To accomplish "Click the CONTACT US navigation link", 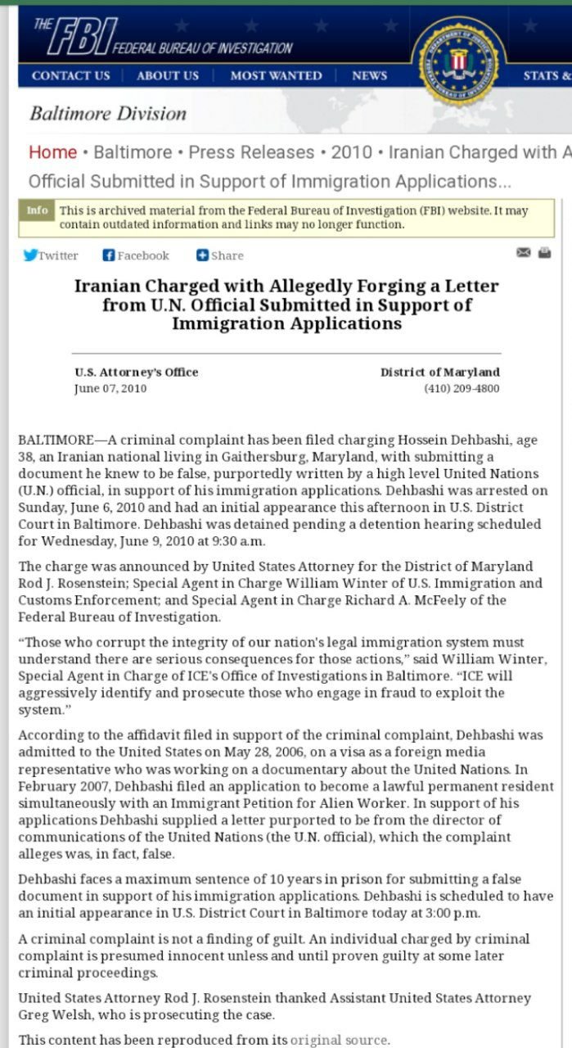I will coord(70,75).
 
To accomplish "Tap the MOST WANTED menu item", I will coord(276,75).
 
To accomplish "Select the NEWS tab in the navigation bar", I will coord(369,75).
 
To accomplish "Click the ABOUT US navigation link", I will coord(168,75).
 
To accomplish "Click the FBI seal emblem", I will coord(458,61).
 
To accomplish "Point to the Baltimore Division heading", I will coord(108,114).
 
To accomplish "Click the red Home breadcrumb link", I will coord(52,152).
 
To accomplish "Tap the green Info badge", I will coord(37,210).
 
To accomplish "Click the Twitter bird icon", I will coord(30,255).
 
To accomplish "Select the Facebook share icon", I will coord(108,255).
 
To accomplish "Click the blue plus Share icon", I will coord(202,255).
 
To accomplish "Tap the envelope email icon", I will coord(524,253).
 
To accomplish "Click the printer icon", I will coord(544,253).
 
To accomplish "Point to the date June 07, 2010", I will coord(110,388).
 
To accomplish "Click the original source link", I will coord(339,1040).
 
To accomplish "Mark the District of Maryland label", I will coord(439,372).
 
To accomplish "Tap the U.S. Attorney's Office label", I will coord(136,372).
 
